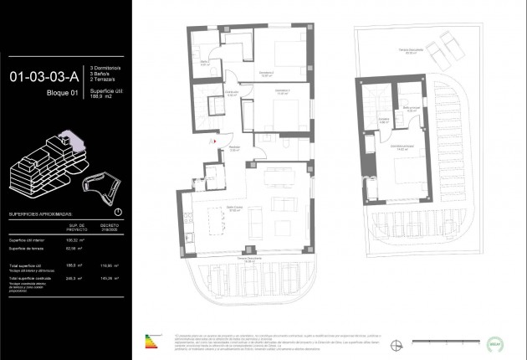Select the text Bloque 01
click(x=62, y=93)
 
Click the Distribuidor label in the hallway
click(x=233, y=95)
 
